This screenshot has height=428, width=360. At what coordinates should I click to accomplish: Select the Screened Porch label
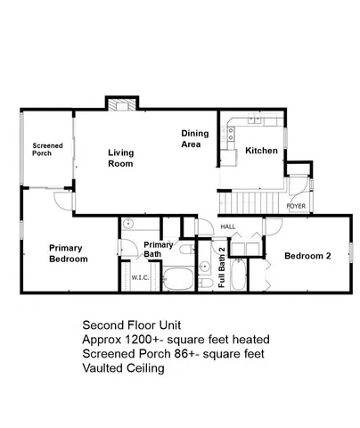point(42,149)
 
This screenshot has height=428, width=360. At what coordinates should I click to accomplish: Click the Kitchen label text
point(262,151)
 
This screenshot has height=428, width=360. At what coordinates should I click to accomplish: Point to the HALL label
point(227,226)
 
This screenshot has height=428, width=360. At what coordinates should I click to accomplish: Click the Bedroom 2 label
point(307,256)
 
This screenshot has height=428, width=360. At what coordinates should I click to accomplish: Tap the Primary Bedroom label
point(69,253)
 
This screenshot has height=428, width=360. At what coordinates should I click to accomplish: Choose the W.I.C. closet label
point(140,277)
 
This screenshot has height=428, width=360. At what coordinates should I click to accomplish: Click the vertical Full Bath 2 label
point(222,271)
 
